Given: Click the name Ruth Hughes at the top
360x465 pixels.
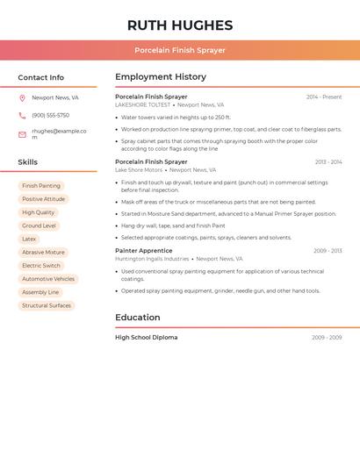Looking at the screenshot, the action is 180,25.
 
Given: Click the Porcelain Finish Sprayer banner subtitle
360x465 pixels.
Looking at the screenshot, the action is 180,50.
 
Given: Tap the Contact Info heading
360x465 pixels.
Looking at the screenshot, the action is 40,77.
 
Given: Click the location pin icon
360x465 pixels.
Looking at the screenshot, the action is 22,98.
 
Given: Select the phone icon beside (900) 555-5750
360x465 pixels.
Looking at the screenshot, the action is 22,116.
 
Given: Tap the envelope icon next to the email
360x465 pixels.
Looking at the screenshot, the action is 22,134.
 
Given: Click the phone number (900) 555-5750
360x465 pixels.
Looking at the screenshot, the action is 50,116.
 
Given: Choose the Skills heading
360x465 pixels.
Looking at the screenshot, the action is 27,162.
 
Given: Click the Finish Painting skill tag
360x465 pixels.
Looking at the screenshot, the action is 41,186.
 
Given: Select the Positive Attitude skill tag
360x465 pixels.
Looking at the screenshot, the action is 43,199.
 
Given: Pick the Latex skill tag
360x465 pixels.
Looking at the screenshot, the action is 29,239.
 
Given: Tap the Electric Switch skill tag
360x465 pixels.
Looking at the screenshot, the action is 41,266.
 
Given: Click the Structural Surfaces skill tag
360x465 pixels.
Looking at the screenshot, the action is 47,305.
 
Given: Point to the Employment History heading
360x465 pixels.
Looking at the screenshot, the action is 161,77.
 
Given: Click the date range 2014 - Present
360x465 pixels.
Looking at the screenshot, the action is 324,97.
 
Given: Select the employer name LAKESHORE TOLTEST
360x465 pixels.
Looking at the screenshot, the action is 142,105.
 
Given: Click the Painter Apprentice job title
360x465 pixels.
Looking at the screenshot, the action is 143,251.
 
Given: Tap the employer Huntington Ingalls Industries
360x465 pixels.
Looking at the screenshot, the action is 152,259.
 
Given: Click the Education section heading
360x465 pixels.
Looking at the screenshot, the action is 137,318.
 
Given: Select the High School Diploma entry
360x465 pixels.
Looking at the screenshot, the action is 146,338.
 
